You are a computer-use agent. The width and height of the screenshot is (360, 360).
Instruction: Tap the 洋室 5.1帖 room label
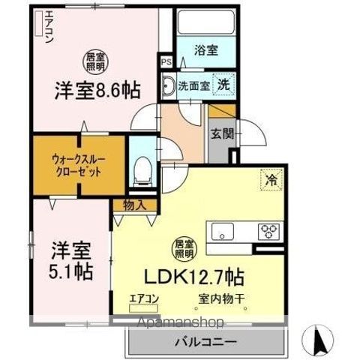pyautogui.click(x=72, y=259)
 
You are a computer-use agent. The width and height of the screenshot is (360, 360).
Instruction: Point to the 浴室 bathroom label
pyautogui.click(x=205, y=51)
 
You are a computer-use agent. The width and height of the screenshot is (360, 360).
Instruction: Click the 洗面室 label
pyautogui.click(x=193, y=84)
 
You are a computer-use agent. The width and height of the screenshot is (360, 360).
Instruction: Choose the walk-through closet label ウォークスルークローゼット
pyautogui.click(x=77, y=163)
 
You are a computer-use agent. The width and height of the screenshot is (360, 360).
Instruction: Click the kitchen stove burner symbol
pyautogui.click(x=268, y=231)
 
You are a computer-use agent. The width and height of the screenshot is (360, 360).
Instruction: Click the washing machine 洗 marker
pyautogui.click(x=223, y=84)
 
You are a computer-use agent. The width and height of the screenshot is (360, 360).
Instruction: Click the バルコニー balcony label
pyautogui.click(x=205, y=343)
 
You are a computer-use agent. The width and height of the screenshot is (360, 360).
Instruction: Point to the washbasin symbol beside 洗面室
pyautogui.click(x=169, y=83)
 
